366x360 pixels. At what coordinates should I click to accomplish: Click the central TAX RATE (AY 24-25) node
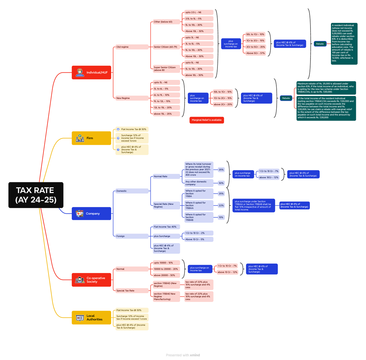(36, 195)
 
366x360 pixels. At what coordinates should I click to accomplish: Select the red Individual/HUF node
(91, 73)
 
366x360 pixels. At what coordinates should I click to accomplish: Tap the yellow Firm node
(91, 138)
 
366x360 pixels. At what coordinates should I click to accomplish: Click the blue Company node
(91, 214)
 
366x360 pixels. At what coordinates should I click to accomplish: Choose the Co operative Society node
(91, 280)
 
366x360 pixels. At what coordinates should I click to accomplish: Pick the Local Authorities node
(91, 318)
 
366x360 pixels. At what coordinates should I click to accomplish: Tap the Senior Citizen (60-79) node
(166, 47)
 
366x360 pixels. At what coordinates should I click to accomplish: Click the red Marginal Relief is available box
(207, 120)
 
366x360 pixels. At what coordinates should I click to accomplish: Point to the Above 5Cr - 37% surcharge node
(256, 53)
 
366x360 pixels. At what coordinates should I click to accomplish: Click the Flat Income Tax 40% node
(165, 227)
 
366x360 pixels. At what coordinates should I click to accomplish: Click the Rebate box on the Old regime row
(320, 44)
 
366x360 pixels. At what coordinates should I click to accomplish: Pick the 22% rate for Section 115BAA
(221, 205)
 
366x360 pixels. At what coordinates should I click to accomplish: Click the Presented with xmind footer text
(183, 355)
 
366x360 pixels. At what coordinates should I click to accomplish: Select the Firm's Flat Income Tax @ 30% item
(134, 129)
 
